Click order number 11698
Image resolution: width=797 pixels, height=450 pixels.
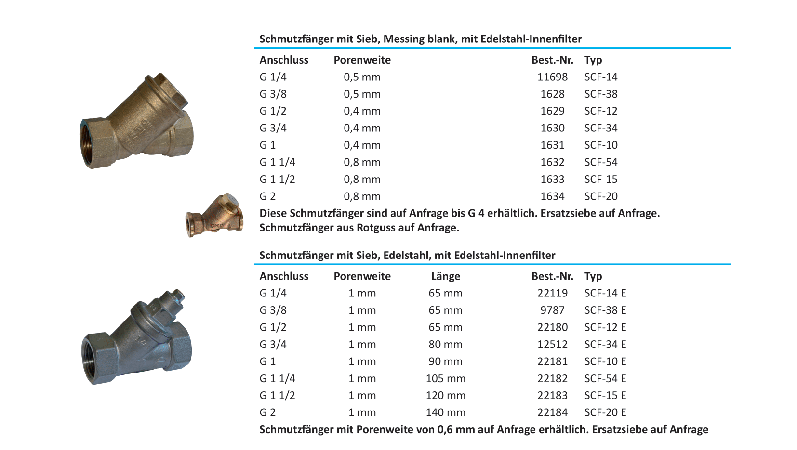coord(552,77)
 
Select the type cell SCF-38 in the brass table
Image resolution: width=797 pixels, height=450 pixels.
coord(600,94)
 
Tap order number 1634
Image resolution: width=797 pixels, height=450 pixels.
coord(552,196)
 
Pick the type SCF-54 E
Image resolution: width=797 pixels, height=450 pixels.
coord(605,379)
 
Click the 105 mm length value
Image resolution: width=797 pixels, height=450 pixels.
coord(445,379)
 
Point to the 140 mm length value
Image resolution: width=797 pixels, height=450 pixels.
coord(445,412)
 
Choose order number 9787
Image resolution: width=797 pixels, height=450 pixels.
coord(552,310)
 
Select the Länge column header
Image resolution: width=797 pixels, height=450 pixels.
coord(445,276)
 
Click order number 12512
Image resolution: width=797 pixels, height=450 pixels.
coord(552,345)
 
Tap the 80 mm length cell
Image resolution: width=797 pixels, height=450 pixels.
coord(445,345)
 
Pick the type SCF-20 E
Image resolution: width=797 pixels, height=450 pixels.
coord(605,412)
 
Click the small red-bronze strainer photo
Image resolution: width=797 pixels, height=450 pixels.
coord(214,215)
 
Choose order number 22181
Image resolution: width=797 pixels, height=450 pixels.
coord(552,361)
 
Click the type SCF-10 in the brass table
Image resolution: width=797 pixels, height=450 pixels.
coord(600,145)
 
